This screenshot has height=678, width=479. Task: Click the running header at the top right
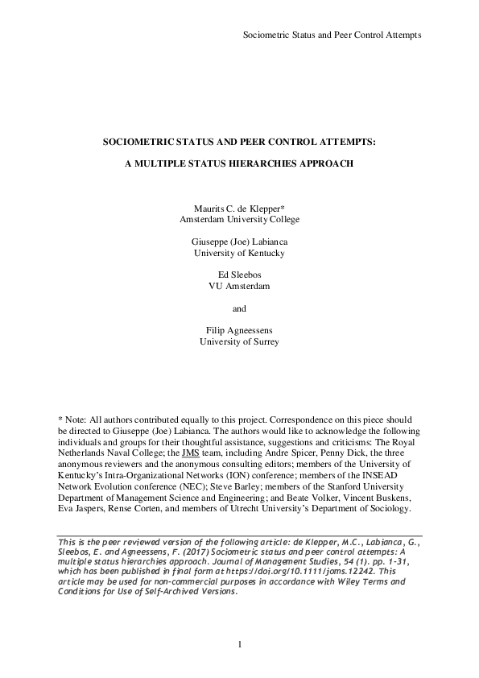click(x=332, y=35)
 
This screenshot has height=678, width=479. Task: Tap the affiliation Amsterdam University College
click(x=240, y=218)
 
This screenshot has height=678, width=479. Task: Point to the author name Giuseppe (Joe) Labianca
click(x=240, y=242)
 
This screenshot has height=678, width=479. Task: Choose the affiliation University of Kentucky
click(x=240, y=253)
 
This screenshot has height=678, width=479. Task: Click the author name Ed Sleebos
click(x=240, y=275)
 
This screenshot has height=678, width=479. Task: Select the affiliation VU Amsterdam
click(x=240, y=286)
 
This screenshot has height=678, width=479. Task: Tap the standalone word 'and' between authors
click(x=240, y=308)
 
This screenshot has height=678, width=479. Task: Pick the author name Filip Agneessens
click(x=240, y=330)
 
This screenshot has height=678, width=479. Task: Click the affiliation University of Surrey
click(x=240, y=341)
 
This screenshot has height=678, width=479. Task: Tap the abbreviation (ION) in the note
click(x=225, y=475)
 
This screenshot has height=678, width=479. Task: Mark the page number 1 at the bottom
click(x=240, y=644)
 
